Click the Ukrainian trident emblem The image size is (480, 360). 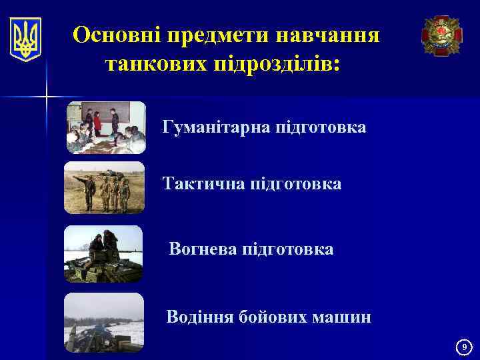(26, 39)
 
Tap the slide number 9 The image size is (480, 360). (465, 347)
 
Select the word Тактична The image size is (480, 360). (203, 183)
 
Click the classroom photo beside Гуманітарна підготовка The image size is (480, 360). (105, 127)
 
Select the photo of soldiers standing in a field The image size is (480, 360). (104, 187)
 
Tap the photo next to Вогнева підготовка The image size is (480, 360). (103, 253)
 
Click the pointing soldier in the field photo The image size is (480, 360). (86, 190)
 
